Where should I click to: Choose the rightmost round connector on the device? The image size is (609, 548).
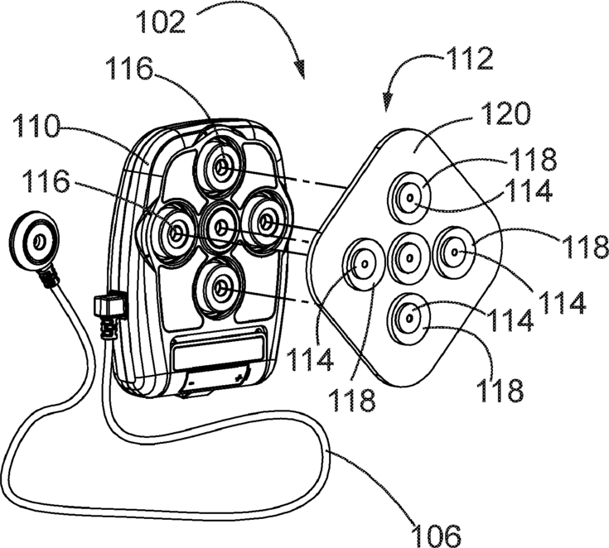[266, 219]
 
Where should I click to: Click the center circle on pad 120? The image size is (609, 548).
[408, 257]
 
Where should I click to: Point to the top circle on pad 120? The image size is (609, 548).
[409, 199]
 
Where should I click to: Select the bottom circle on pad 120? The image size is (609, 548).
[408, 316]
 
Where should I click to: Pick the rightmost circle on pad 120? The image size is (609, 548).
[453, 250]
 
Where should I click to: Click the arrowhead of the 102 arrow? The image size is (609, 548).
[302, 75]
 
